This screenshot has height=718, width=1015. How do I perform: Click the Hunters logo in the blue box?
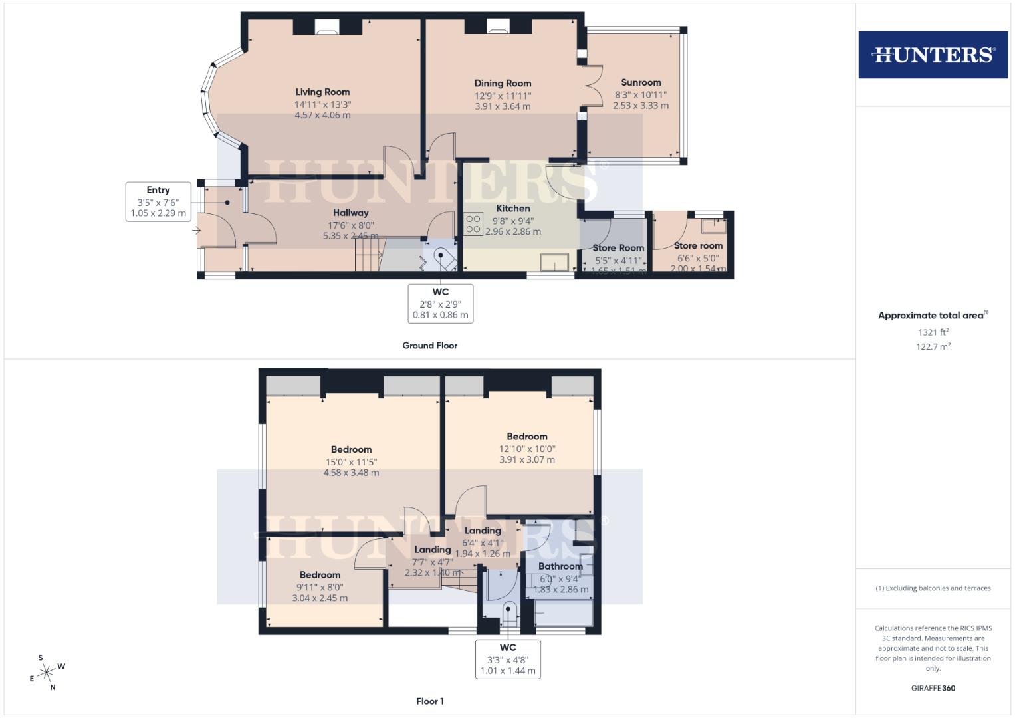(933, 55)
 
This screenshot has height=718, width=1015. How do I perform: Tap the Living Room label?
(322, 92)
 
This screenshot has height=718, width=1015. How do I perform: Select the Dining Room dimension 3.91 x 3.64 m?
(503, 106)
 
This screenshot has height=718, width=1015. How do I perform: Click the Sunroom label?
(641, 83)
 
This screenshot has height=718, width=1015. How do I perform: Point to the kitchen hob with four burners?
(473, 223)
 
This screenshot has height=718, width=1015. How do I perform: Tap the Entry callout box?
(158, 202)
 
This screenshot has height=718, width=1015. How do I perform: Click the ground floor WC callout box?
(440, 303)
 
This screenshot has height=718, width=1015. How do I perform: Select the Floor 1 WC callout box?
(508, 659)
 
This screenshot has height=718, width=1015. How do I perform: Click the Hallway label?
(350, 213)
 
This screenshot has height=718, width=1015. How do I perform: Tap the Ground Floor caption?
(429, 346)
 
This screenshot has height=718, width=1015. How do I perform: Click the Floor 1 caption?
(429, 701)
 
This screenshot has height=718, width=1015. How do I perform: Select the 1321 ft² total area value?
(933, 332)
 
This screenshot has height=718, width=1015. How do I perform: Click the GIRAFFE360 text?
(933, 688)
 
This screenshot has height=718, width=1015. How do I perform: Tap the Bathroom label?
(560, 566)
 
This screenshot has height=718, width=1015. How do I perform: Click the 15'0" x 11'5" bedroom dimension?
(351, 461)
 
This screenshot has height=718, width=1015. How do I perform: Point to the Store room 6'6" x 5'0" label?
(698, 246)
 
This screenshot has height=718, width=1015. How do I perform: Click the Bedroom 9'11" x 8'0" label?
(320, 575)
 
